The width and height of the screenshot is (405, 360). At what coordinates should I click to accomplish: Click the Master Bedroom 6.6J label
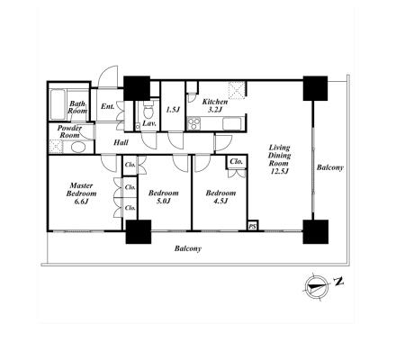pos(81,193)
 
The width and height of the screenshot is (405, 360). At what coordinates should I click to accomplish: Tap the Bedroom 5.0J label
pos(164,197)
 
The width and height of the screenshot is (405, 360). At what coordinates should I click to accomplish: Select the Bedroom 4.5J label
pos(220,197)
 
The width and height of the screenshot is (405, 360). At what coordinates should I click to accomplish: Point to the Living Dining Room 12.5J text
pos(279,159)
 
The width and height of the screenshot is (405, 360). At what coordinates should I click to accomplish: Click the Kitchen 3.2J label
pos(215,105)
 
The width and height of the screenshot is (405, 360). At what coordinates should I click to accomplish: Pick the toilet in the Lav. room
pos(148,110)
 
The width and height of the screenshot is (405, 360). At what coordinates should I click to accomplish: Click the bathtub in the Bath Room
pos(57,104)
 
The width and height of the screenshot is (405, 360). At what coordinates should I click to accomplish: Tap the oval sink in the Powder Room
pos(78,148)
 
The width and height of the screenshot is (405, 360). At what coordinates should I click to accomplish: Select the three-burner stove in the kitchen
pos(193,124)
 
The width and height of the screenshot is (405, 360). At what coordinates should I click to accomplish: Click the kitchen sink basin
pos(232,124)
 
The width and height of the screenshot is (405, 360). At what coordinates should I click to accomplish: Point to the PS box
pos(253,225)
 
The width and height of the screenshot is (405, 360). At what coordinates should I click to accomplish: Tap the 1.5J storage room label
pos(173,110)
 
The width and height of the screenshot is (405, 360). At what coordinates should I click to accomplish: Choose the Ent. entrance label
pos(107,106)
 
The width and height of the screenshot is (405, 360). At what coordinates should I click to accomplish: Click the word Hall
pos(121,142)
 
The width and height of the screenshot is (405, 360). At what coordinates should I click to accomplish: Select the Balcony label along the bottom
pos(188,248)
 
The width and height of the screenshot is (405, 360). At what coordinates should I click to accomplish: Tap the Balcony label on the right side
pos(330,167)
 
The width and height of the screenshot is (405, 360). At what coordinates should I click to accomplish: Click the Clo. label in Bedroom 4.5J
pos(237,161)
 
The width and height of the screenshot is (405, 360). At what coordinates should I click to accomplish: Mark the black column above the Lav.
pos(137,88)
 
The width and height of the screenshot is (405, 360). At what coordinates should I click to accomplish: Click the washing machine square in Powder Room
pos(56,147)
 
